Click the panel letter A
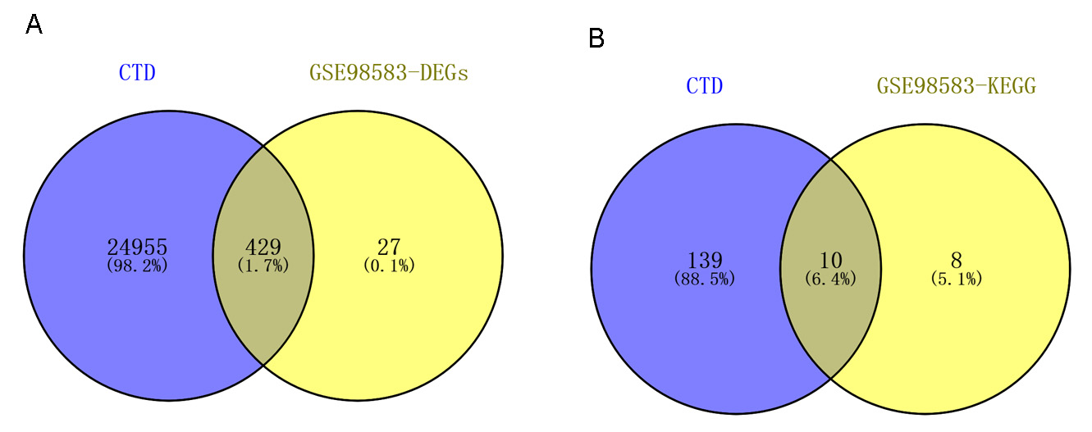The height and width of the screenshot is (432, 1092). click(x=34, y=25)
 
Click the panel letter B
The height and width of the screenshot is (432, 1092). click(x=596, y=38)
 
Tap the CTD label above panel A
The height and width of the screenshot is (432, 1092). click(x=137, y=72)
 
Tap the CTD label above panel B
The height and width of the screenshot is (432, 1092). click(x=704, y=84)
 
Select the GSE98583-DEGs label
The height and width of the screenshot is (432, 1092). click(x=388, y=72)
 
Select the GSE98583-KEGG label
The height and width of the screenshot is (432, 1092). click(x=957, y=84)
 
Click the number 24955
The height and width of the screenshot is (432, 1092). click(x=137, y=247)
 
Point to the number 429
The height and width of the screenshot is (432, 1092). click(x=263, y=247)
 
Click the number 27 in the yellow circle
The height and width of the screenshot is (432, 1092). click(x=388, y=247)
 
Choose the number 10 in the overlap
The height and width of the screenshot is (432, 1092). click(x=830, y=260)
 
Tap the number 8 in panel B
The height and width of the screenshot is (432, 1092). click(x=956, y=260)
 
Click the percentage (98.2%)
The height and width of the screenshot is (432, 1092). click(x=137, y=265)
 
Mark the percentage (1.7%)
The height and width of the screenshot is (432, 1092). click(x=263, y=265)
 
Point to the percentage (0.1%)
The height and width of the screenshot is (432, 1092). click(x=388, y=265)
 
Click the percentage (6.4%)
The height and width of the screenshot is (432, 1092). click(x=830, y=279)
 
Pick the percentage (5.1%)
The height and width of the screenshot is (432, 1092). click(x=956, y=279)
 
